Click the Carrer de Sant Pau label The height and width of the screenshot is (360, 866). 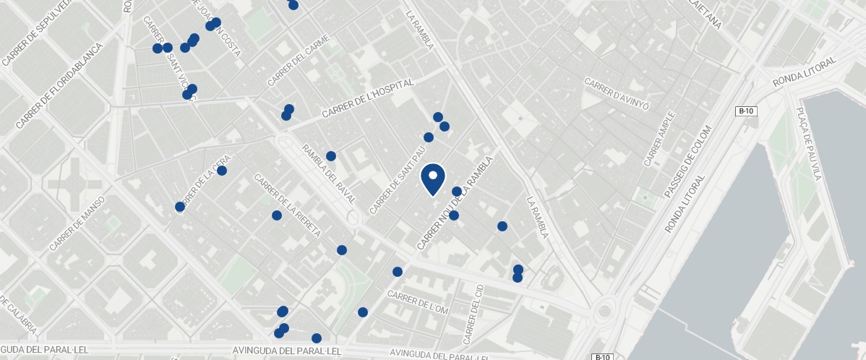pyautogui.click(x=396, y=182)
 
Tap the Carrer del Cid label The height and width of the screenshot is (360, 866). pyautogui.click(x=474, y=314)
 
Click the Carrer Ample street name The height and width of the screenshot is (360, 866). pyautogui.click(x=659, y=138)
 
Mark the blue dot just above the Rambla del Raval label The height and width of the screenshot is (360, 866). pyautogui.click(x=331, y=156)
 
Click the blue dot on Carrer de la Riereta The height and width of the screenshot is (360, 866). pyautogui.click(x=277, y=215)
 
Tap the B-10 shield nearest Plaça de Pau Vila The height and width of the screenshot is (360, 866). pyautogui.click(x=746, y=111)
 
